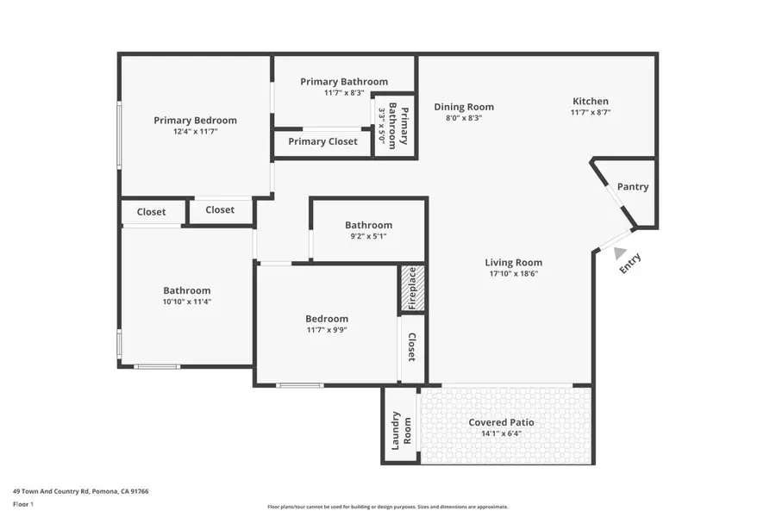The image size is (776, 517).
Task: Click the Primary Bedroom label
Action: coord(195,121)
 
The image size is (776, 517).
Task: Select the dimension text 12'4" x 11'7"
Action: coord(195,133)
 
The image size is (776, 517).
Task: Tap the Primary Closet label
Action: coord(322,141)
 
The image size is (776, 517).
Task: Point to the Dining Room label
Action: coord(464,107)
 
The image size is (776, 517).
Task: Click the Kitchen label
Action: coord(590,101)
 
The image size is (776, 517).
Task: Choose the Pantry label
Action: coord(633,187)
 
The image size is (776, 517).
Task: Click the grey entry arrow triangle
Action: coord(620,252)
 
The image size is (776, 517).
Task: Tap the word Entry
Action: coord(631,264)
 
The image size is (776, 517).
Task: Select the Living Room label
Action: coord(513,263)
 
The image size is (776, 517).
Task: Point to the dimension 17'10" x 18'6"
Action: coord(513,274)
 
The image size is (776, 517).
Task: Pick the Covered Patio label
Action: coord(501,422)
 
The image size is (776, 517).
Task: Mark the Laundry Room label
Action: coord(401,428)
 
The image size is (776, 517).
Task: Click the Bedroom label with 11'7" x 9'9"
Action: coord(327,318)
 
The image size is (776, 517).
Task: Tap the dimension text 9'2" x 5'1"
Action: coord(368,236)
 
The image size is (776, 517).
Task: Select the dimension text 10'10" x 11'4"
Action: coord(187,302)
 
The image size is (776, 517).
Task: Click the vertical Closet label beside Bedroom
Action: coord(412,347)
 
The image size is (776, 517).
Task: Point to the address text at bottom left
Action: coord(81,491)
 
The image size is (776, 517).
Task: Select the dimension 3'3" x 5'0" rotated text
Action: coord(383,125)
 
